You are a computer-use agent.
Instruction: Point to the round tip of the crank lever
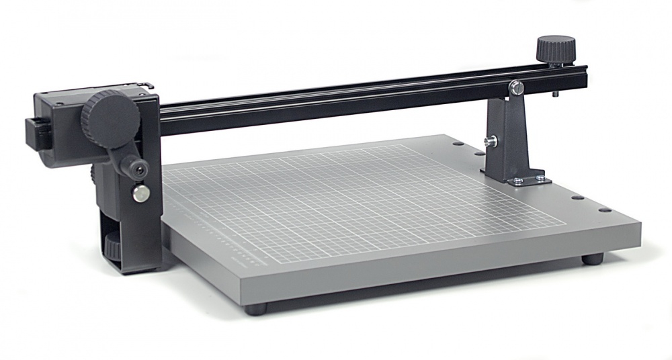(140, 171)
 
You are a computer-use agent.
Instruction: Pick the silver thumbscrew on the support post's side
(491, 141)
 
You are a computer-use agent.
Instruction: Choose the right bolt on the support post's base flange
(539, 178)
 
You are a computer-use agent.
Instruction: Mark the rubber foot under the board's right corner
(591, 258)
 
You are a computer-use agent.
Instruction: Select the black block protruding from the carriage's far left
(32, 132)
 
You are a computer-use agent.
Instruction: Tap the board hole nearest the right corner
(609, 210)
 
